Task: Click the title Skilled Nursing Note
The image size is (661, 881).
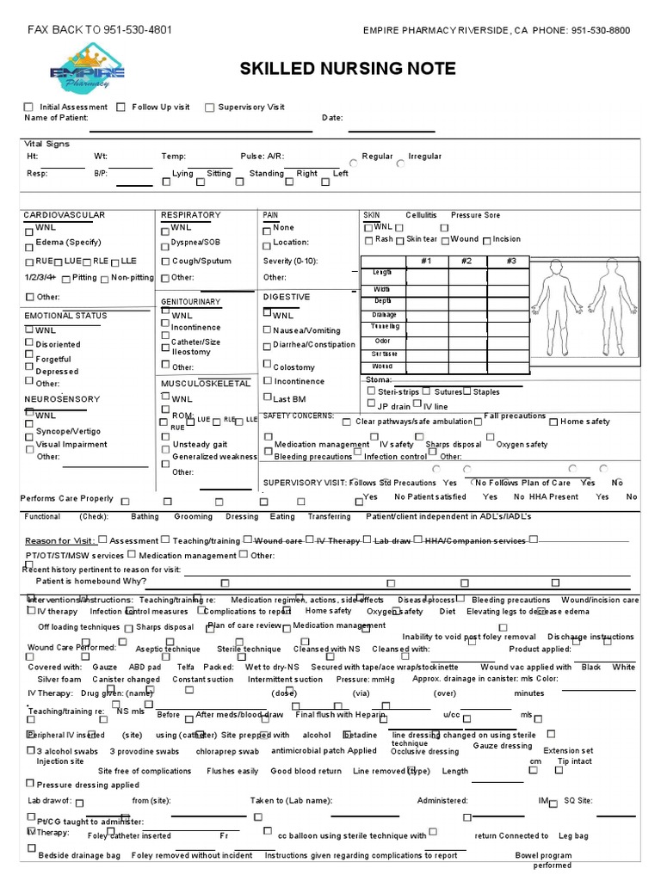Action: pos(348,69)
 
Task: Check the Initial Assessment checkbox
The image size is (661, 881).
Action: pos(29,108)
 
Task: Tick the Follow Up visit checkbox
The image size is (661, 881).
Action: pos(121,108)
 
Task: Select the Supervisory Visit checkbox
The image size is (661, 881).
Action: pos(209,108)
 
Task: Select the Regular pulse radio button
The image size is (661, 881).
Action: pos(353,163)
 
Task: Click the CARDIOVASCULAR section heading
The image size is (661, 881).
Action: pos(64,215)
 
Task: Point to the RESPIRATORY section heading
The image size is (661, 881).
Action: pos(190,215)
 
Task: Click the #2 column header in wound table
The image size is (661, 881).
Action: pos(466,261)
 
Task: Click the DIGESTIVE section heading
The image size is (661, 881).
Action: pos(286,297)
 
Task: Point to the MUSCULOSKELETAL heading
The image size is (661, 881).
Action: pos(205,383)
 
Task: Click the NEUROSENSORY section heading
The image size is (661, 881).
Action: pos(61,399)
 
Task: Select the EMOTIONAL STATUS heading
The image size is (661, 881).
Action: pos(65,316)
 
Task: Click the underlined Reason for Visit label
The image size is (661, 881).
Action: pos(59,541)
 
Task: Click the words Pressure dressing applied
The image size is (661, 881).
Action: pos(88,785)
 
